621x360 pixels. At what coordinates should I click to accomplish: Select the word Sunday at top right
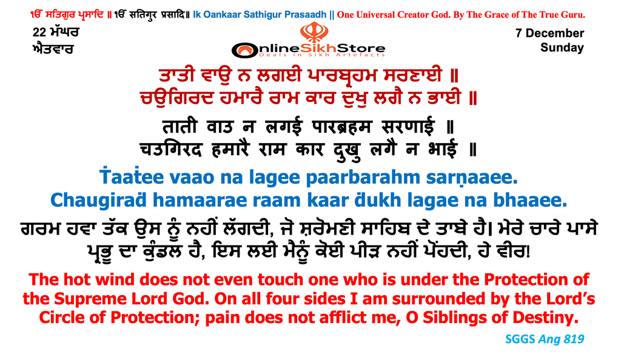562,47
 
